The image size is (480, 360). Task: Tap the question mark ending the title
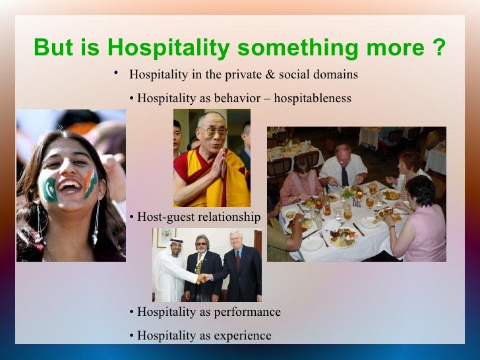click(x=438, y=48)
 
